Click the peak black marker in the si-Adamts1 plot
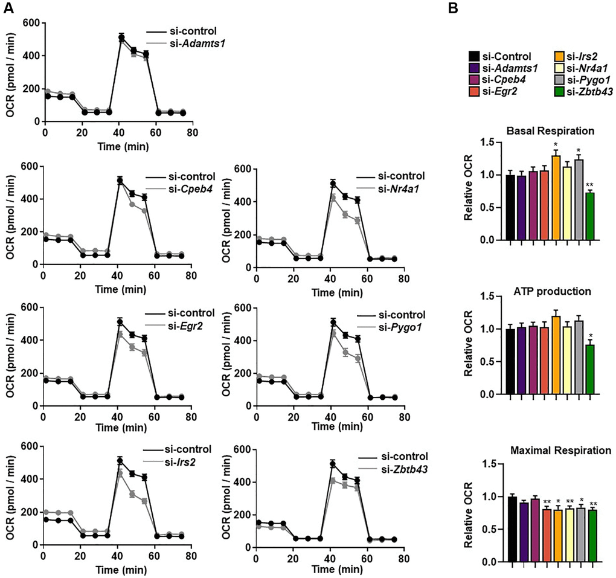121,37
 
